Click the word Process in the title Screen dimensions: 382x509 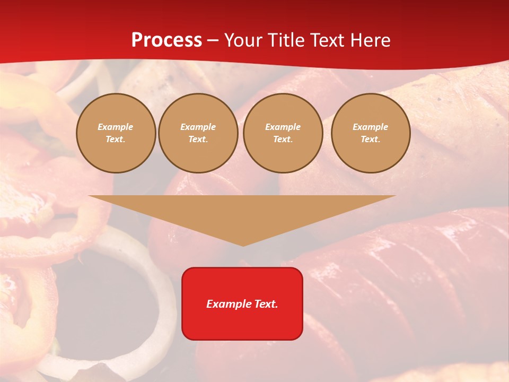[x=166, y=40]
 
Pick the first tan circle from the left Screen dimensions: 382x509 [x=116, y=133]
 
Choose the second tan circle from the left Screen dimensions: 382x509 [x=198, y=133]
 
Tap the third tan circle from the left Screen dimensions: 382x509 [x=283, y=133]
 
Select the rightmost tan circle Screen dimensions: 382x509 [x=371, y=133]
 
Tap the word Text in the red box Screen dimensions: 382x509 [x=265, y=304]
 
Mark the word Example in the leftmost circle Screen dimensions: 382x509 [x=116, y=127]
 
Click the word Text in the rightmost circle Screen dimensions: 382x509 [x=370, y=140]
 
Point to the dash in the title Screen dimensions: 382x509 [x=213, y=41]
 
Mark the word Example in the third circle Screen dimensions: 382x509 [x=283, y=127]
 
